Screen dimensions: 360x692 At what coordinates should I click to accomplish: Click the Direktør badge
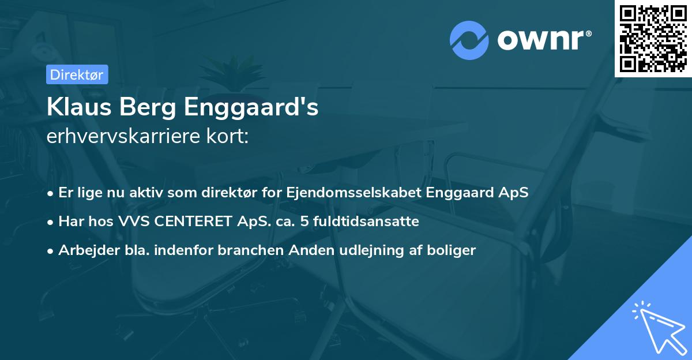click(x=77, y=74)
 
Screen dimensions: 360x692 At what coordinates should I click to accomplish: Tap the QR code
click(x=653, y=38)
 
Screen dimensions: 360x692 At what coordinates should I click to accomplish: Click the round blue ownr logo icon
click(x=469, y=40)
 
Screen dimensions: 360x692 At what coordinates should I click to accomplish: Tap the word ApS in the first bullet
click(x=513, y=192)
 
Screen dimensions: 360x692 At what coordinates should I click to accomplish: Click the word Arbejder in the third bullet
click(x=83, y=250)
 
